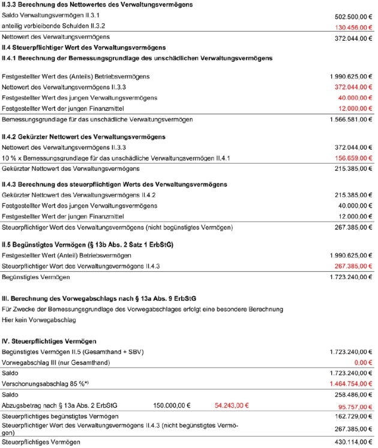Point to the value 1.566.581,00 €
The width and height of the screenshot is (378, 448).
350,120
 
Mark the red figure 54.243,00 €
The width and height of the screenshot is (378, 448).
231,405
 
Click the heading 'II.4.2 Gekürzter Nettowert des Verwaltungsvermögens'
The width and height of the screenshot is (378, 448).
84,137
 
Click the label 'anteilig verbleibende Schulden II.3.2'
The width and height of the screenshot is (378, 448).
54,27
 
